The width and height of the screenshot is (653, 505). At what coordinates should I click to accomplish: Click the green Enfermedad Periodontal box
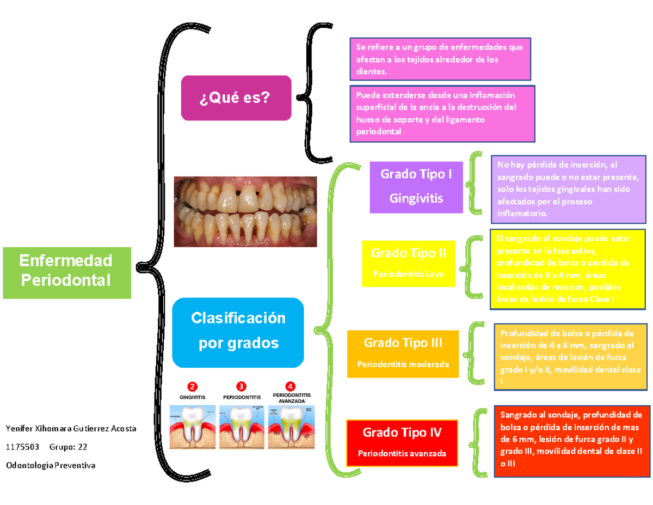tap(66, 272)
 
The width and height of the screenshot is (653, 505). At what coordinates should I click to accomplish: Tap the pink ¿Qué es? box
tap(236, 98)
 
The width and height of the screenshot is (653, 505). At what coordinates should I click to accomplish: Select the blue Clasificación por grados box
tap(238, 332)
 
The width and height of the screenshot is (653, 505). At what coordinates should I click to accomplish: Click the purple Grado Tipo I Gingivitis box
tap(416, 186)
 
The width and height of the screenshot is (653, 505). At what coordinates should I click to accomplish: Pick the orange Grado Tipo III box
tap(403, 352)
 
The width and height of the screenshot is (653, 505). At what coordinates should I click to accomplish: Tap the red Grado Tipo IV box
tap(403, 442)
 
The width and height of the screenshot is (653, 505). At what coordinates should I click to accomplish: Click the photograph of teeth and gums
tap(245, 211)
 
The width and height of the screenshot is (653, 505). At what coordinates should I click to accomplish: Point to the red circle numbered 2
tap(192, 387)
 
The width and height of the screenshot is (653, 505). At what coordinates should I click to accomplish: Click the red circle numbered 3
tap(241, 387)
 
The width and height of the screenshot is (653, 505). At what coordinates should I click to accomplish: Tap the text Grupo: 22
tap(68, 447)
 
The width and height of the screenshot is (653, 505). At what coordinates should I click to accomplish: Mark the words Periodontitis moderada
tap(403, 364)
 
